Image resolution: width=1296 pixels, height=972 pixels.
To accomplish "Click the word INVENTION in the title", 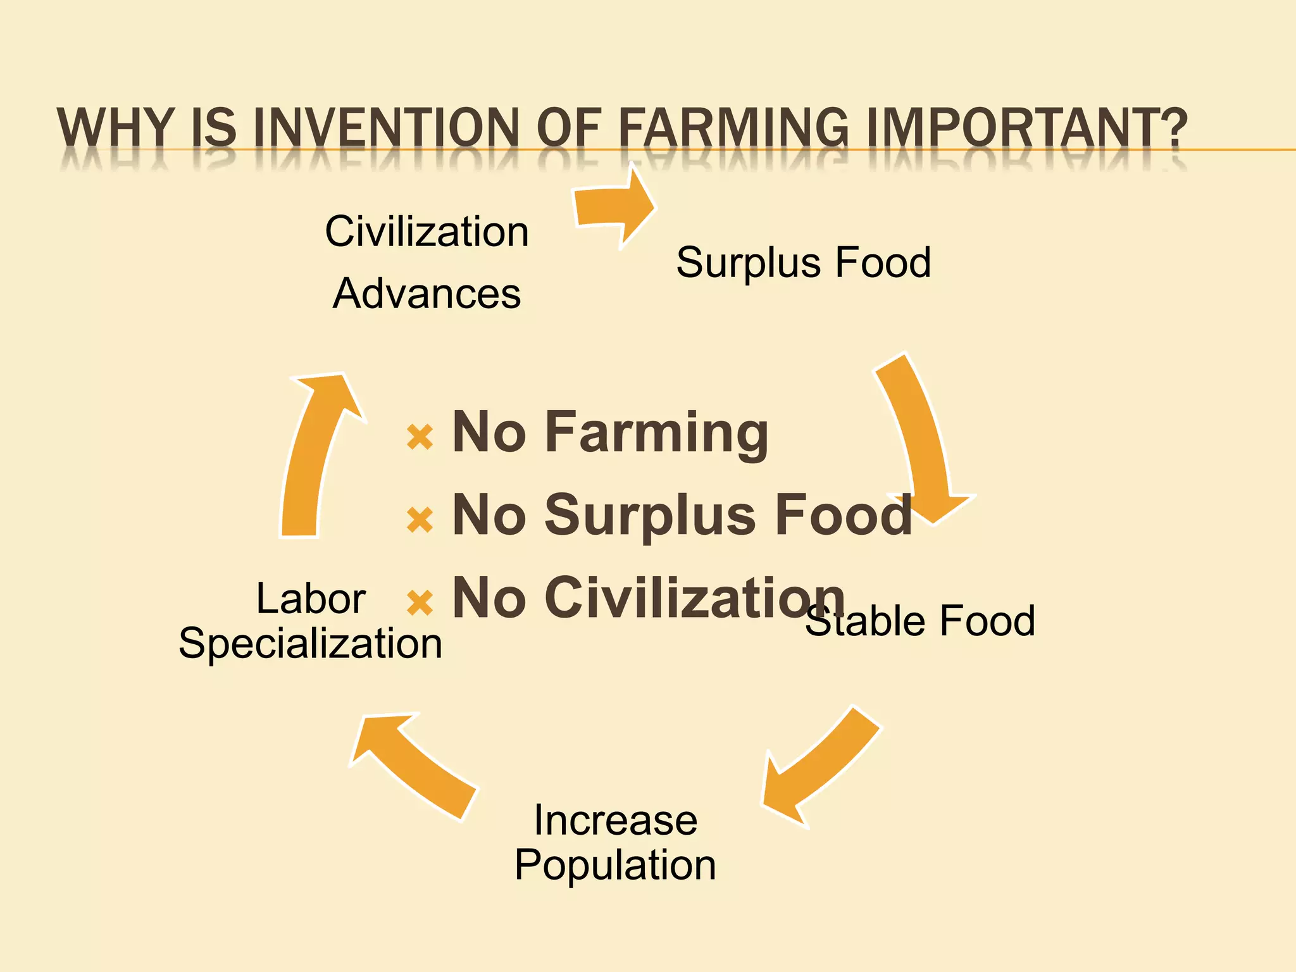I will (385, 128).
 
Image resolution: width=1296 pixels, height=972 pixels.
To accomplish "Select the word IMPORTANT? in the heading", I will (1026, 128).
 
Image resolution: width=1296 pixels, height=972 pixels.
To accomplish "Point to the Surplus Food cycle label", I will (803, 262).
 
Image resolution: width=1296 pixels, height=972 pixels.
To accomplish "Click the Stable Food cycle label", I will (920, 621).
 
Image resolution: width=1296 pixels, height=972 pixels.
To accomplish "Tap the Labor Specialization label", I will (310, 621).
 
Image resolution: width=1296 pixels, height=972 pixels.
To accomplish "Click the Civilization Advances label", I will (427, 262).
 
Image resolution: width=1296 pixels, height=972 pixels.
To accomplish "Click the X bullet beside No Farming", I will (420, 437).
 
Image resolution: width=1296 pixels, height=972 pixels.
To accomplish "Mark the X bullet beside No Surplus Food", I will (420, 520).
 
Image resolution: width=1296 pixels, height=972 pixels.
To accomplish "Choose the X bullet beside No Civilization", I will (420, 602).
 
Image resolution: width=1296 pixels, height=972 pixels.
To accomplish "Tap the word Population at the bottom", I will (615, 865).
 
